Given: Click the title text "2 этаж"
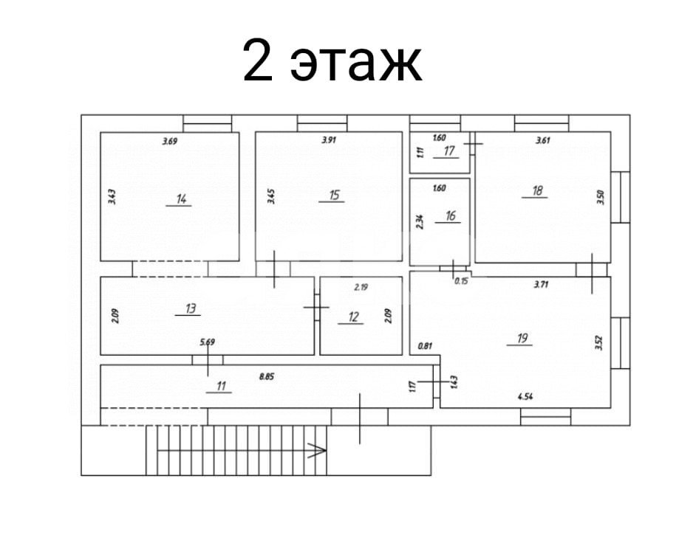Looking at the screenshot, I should tap(332, 61).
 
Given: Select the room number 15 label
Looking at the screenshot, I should tap(334, 195).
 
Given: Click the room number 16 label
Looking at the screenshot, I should tap(451, 216).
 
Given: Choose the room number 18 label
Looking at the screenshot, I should tap(537, 191).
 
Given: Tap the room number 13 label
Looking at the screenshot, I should tap(190, 308).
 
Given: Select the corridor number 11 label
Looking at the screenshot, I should tap(219, 385).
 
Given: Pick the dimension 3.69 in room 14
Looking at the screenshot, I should tap(171, 140).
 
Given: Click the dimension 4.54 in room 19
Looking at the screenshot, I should tap(526, 397).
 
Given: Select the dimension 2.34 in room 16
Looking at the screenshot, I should tap(420, 222).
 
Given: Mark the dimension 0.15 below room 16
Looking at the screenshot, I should tap(461, 281).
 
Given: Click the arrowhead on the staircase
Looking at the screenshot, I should tap(317, 450).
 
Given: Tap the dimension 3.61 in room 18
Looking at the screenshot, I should tap(545, 139).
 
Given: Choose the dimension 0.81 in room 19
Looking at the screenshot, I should tap(424, 345).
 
